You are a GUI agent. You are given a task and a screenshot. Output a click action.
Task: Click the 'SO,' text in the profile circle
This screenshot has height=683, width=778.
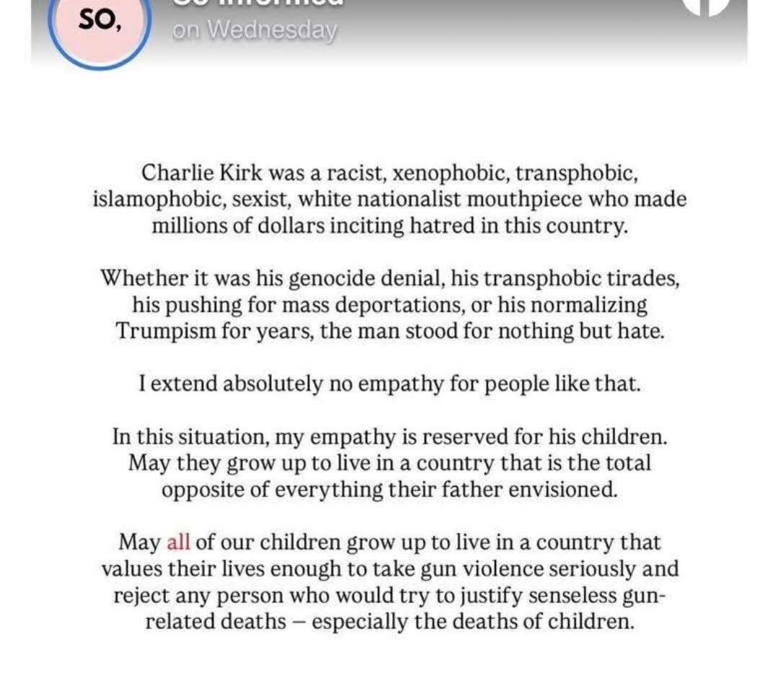tap(99, 21)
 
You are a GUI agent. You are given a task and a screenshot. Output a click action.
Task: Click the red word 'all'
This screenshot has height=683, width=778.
tap(178, 542)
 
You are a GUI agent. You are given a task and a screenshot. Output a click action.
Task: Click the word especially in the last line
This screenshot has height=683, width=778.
tap(367, 622)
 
